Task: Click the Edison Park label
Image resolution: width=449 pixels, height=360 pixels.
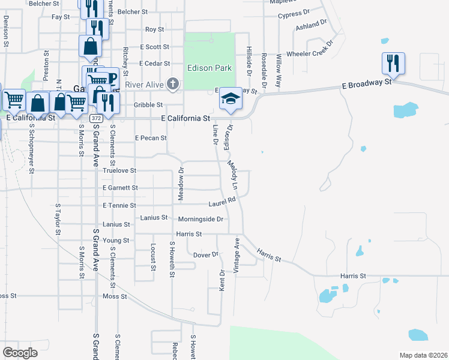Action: (209, 68)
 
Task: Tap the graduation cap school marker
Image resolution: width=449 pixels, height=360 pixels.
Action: (229, 98)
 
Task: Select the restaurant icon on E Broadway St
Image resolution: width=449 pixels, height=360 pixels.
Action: (393, 62)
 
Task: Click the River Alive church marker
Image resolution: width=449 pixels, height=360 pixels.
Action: (173, 85)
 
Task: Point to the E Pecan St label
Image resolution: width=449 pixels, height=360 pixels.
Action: (151, 138)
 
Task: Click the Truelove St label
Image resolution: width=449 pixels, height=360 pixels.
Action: (116, 171)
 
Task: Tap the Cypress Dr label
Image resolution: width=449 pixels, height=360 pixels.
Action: (294, 13)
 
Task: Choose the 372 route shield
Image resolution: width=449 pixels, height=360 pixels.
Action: (96, 119)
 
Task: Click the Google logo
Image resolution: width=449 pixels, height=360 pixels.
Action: (20, 352)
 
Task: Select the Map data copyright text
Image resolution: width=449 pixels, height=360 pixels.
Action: (423, 355)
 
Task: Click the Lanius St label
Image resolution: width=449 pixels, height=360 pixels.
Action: (116, 224)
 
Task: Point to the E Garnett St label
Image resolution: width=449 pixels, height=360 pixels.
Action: (121, 188)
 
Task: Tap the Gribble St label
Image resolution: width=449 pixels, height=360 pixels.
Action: (148, 104)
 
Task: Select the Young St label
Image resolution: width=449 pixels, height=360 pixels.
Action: (116, 241)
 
